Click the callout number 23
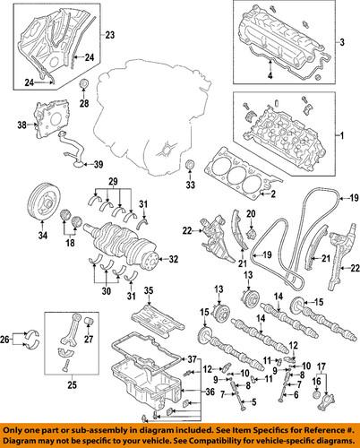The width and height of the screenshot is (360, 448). coord(110,35)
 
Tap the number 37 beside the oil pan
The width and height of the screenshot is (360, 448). coord(190,359)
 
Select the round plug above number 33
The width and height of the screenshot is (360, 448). coord(189,166)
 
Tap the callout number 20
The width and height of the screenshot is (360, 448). coord(251,212)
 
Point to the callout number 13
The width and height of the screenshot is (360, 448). coord(218,288)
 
